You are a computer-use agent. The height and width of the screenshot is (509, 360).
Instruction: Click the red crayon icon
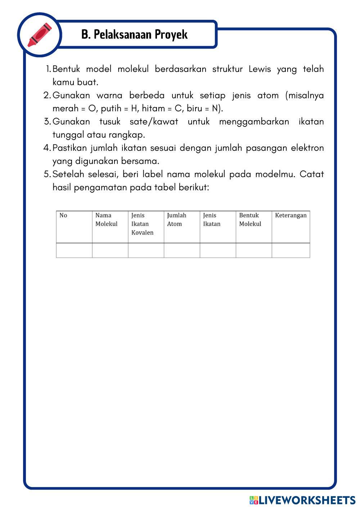pyautogui.click(x=40, y=35)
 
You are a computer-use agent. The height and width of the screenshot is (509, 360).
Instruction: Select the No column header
pyautogui.click(x=63, y=216)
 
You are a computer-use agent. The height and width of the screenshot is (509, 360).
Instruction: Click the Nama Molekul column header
pyautogui.click(x=106, y=220)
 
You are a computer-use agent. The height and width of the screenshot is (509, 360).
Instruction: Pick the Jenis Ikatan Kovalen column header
pyautogui.click(x=142, y=224)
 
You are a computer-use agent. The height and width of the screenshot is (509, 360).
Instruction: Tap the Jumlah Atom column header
pyautogui.click(x=176, y=220)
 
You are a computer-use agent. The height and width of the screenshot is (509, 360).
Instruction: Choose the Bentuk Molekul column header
pyautogui.click(x=250, y=220)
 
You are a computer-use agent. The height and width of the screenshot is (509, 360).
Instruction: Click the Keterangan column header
pyautogui.click(x=291, y=216)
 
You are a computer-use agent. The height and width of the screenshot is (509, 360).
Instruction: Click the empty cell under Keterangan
pyautogui.click(x=291, y=250)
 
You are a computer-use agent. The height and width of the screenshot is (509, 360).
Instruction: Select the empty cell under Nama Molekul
pyautogui.click(x=110, y=250)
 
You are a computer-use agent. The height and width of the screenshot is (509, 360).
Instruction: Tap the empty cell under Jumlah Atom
pyautogui.click(x=182, y=250)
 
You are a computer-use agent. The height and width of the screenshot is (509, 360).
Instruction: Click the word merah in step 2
pyautogui.click(x=65, y=108)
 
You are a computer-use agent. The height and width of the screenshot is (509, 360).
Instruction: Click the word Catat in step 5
pyautogui.click(x=311, y=174)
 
